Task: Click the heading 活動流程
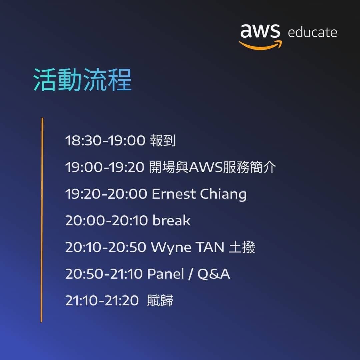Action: coord(83,80)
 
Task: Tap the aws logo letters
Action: coord(260,31)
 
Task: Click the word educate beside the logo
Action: coord(312,33)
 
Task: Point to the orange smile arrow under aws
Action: coord(260,45)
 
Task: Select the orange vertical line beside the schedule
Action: coord(42,220)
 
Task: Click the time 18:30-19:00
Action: coord(105,141)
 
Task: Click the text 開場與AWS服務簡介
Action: coord(212,167)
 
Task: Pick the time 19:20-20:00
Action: coord(106,194)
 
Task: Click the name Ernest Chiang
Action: coord(199,194)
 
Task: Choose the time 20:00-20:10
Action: coord(106,221)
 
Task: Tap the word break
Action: coord(171,221)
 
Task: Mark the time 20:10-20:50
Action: coord(106,247)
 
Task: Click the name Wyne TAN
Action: coord(187,247)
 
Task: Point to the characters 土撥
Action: coord(242,247)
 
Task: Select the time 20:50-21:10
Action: coord(104,274)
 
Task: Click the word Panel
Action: coord(166,274)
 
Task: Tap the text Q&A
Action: coord(214,274)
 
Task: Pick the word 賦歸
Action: coord(160,301)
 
